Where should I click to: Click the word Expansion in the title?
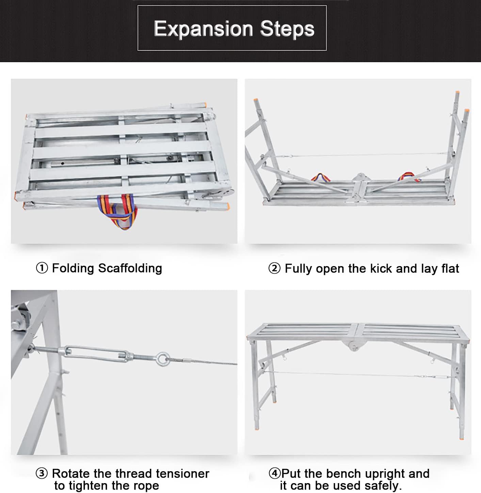pyautogui.click(x=203, y=29)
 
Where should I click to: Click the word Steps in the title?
pyautogui.click(x=287, y=29)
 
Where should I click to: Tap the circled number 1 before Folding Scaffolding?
pyautogui.click(x=42, y=268)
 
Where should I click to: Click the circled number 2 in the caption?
pyautogui.click(x=274, y=268)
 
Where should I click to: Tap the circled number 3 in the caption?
pyautogui.click(x=42, y=474)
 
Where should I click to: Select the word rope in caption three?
pyautogui.click(x=146, y=486)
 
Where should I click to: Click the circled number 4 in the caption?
pyautogui.click(x=274, y=474)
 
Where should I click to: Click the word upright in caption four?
pyautogui.click(x=384, y=474)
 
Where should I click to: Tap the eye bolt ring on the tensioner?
pyautogui.click(x=163, y=359)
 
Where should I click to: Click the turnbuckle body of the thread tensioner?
pyautogui.click(x=97, y=352)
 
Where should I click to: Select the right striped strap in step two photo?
pyautogui.click(x=407, y=176)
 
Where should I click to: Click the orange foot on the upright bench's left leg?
pyautogui.click(x=256, y=427)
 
